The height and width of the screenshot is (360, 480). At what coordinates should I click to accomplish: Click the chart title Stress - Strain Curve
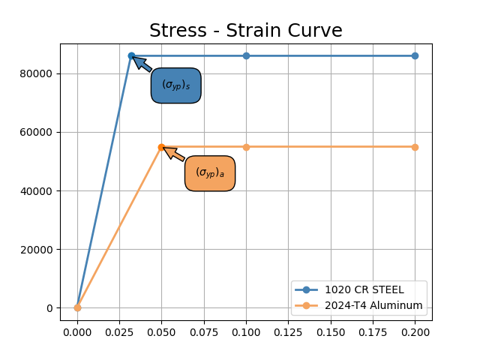point(245,31)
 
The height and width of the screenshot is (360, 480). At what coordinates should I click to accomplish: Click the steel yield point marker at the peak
point(131,55)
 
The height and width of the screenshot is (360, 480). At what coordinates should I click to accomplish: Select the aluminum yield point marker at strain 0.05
point(161,147)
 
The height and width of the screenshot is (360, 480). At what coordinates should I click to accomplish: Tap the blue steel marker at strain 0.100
point(246,55)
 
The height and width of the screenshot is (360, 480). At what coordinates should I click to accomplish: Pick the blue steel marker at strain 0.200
point(415,55)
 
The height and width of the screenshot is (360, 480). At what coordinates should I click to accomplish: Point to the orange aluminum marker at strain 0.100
point(246,147)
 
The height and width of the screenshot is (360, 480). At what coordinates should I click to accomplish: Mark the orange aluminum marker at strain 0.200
point(415,147)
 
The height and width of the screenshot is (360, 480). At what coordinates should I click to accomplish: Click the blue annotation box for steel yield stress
point(175,85)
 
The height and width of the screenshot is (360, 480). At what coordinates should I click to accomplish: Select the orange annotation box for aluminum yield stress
point(210,173)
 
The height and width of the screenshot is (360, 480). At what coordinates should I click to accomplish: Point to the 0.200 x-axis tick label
point(415,332)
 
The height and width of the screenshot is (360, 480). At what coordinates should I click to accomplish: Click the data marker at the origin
point(77,307)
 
